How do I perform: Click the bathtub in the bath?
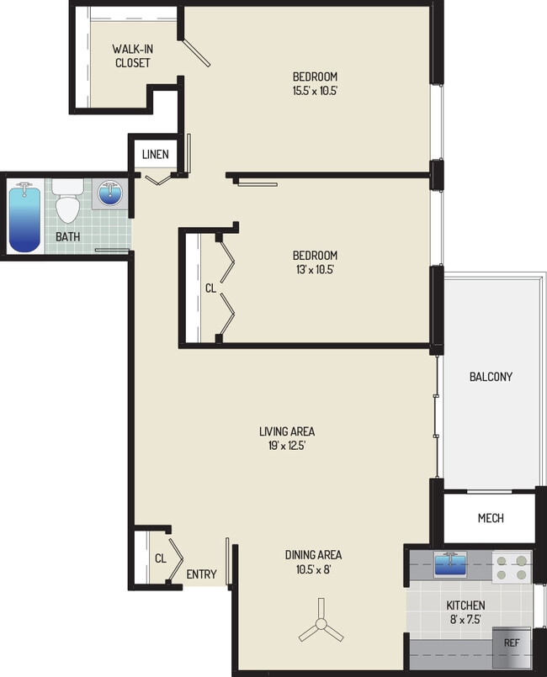pyautogui.click(x=24, y=217)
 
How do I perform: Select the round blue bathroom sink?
pyautogui.click(x=111, y=193)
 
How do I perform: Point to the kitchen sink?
pyautogui.click(x=452, y=562)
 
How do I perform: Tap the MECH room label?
pyautogui.click(x=491, y=518)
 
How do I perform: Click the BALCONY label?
pyautogui.click(x=490, y=377)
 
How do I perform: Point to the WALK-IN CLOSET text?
pyautogui.click(x=131, y=56)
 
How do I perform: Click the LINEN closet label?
pyautogui.click(x=155, y=154)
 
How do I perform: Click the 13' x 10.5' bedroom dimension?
pyautogui.click(x=315, y=270)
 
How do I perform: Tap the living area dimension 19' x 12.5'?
pyautogui.click(x=287, y=447)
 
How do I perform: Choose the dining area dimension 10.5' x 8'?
pyautogui.click(x=313, y=569)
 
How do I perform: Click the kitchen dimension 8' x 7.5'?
pyautogui.click(x=465, y=620)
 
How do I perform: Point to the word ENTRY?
pyautogui.click(x=201, y=574)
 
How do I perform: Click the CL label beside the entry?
pyautogui.click(x=160, y=558)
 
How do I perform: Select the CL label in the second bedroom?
pyautogui.click(x=210, y=288)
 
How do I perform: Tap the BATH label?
pyautogui.click(x=67, y=236)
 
